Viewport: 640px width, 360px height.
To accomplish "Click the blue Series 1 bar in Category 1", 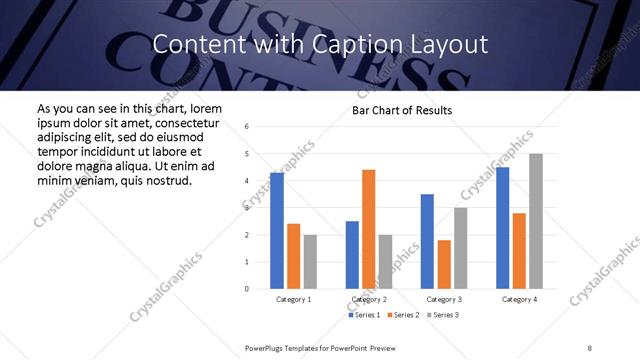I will tap(277, 231).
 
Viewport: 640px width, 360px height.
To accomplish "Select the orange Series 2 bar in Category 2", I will tap(369, 229).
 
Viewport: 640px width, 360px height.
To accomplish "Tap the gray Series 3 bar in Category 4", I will tap(536, 221).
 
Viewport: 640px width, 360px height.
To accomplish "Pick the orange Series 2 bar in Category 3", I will tap(444, 264).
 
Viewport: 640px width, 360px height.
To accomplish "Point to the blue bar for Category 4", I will tap(502, 228).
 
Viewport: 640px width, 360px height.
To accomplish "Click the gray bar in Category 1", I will tap(310, 262).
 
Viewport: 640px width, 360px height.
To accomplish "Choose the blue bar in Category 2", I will tap(352, 255).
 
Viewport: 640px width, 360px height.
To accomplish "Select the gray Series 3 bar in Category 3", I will tap(460, 248).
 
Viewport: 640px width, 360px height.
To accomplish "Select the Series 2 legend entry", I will tap(402, 315).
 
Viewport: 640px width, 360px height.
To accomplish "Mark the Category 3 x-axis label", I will tap(443, 299).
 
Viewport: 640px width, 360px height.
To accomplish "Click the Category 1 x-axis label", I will tap(293, 299).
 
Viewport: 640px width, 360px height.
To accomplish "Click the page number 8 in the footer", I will tap(591, 347).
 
